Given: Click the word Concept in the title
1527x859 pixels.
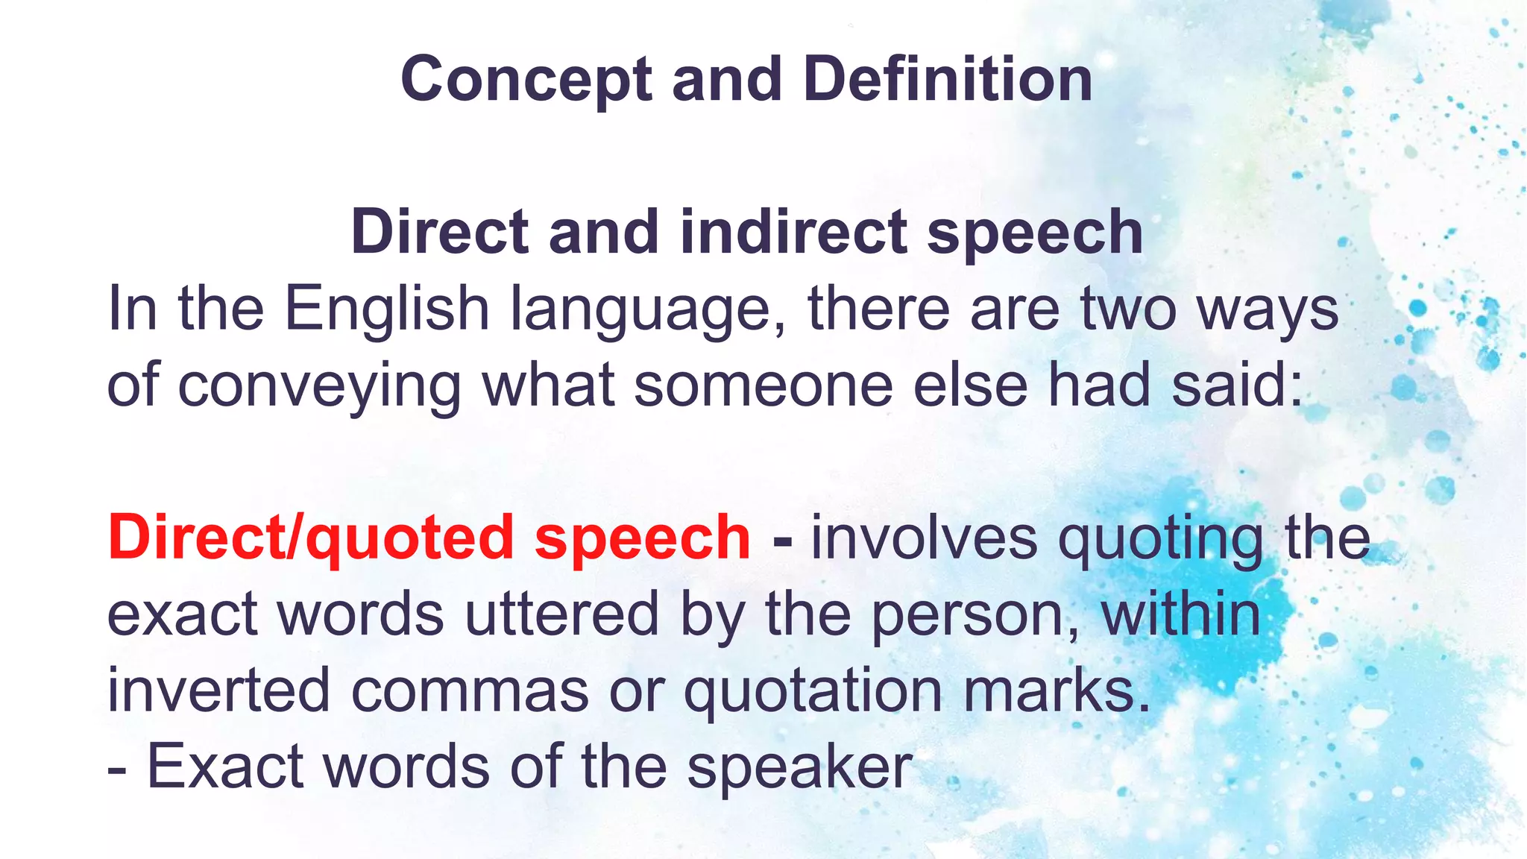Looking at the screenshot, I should click(x=526, y=80).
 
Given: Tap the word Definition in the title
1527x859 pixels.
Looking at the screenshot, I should click(x=948, y=80).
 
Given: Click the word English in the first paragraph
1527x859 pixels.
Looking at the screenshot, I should click(x=386, y=309).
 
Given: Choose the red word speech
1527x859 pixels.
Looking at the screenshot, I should click(x=642, y=538).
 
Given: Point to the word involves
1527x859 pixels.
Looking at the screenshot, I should click(x=924, y=538).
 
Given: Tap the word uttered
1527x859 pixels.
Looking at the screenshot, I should click(x=562, y=614).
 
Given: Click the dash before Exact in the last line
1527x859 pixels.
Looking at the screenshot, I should click(x=116, y=768).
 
